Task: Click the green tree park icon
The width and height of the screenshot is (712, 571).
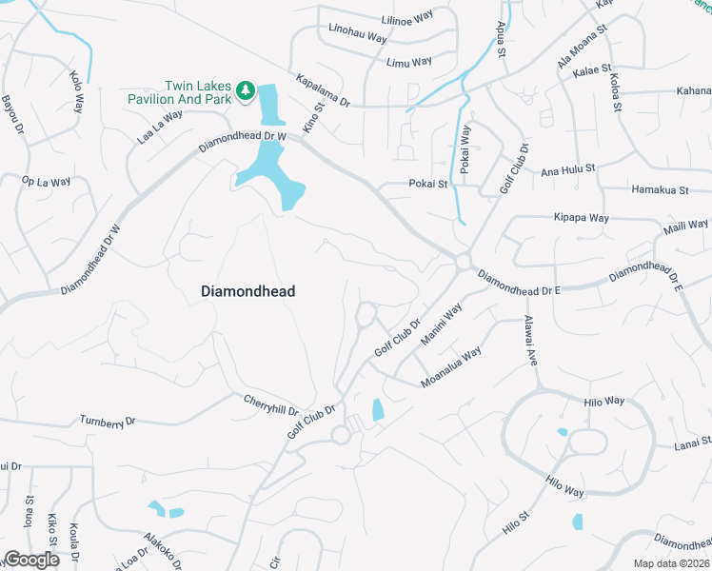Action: (246, 90)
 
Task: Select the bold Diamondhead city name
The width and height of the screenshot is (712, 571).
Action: (248, 292)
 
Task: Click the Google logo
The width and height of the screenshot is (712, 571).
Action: (31, 560)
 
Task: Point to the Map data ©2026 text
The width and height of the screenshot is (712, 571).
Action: (671, 563)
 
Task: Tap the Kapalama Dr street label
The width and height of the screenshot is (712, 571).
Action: (324, 90)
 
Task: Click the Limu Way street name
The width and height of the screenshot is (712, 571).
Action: (409, 62)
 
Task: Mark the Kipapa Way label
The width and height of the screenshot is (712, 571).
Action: (581, 218)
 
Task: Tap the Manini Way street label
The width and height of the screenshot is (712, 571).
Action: (442, 324)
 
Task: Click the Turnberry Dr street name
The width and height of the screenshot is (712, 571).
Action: (109, 420)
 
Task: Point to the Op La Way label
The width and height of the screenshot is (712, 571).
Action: (47, 181)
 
